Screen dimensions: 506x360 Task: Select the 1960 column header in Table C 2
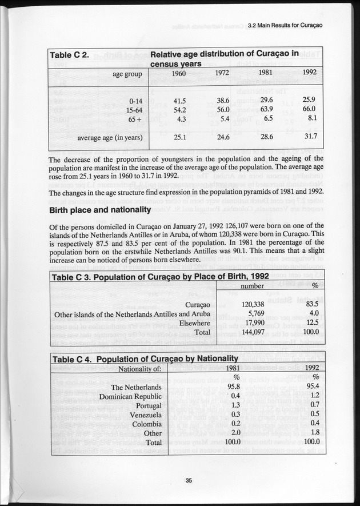point(178,73)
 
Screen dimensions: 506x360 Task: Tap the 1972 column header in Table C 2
point(222,73)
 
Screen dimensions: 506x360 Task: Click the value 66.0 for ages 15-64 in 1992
point(309,109)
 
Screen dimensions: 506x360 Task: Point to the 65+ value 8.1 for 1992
point(311,119)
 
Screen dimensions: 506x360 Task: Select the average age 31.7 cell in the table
point(309,137)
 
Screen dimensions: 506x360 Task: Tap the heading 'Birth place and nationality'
point(99,210)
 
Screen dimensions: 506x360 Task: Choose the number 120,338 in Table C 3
point(253,304)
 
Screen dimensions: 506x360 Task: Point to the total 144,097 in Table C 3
point(253,331)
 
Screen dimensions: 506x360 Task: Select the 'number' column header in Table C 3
point(252,285)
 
